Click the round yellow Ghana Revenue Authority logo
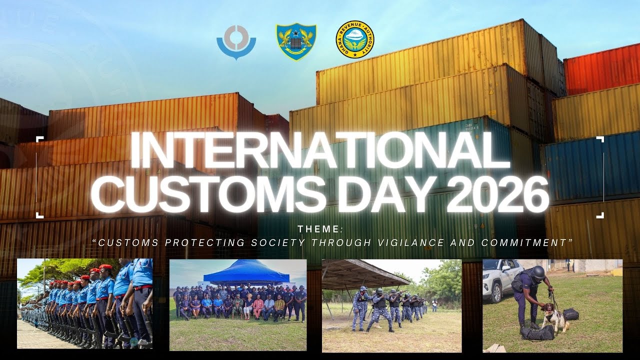coord(355,39)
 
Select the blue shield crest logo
coord(296,41)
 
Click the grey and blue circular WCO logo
coord(236,42)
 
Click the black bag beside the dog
coord(570,314)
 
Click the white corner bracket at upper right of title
coord(599,139)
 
